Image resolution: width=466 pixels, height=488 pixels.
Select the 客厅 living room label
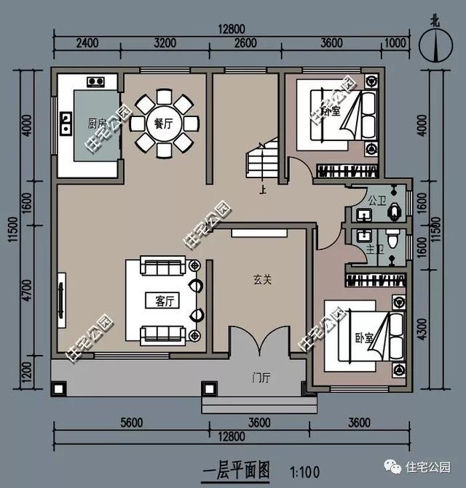(x=166, y=300)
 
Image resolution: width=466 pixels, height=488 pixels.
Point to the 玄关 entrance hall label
(x=263, y=279)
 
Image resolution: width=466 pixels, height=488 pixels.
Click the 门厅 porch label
(x=261, y=377)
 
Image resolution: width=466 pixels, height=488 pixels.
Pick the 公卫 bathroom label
(x=376, y=199)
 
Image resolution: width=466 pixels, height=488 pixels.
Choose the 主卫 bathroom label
(x=374, y=249)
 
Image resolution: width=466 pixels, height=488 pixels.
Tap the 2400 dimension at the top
(x=87, y=44)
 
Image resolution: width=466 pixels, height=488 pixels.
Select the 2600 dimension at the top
(x=245, y=44)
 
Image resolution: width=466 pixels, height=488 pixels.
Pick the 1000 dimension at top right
(x=394, y=44)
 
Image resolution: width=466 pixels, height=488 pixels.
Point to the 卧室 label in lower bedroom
(x=364, y=339)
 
